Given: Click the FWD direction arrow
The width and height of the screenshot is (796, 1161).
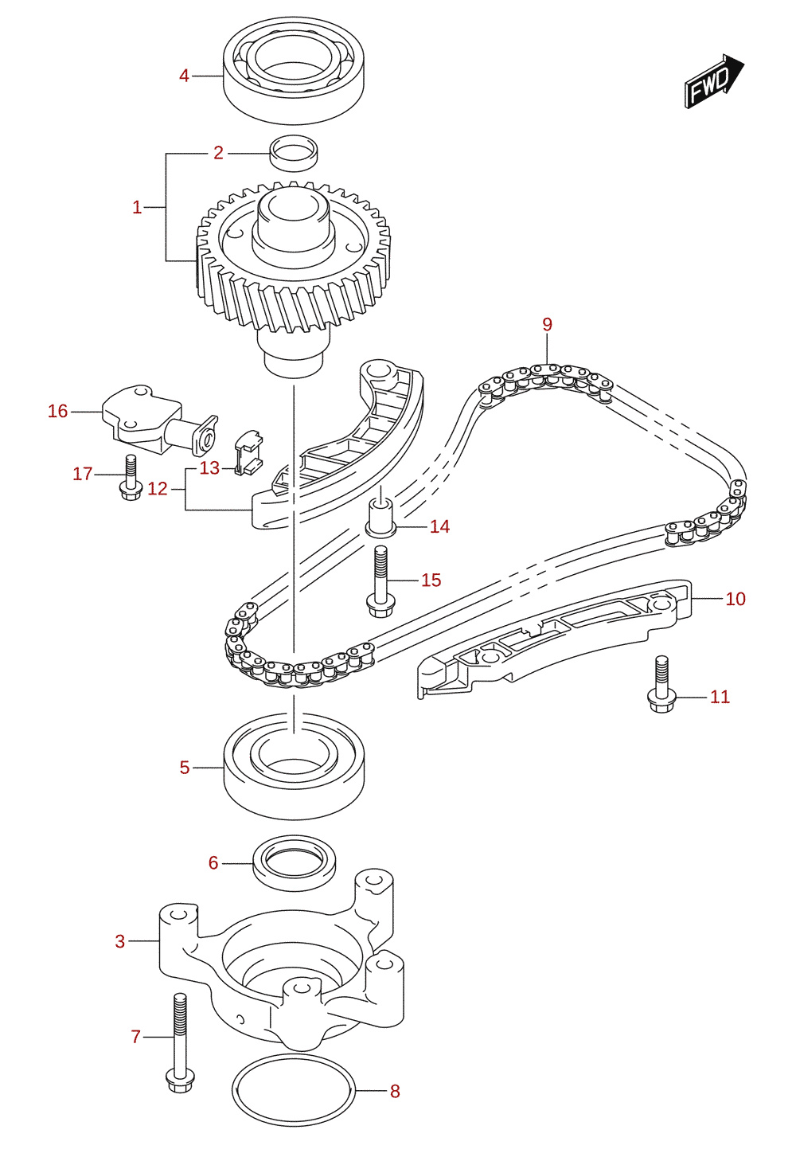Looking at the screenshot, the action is tap(714, 82).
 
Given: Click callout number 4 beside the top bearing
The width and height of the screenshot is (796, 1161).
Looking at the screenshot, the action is tap(184, 76).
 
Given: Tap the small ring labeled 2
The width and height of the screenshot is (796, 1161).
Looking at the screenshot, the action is tap(294, 153).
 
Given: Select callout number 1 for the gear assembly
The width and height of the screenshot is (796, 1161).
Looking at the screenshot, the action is tap(137, 207).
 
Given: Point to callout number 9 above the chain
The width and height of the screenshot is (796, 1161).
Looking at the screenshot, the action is tap(548, 324).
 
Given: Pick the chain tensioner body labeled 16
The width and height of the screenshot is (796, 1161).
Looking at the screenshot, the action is tap(160, 420).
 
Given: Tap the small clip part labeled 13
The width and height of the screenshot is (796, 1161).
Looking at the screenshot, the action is tap(248, 452).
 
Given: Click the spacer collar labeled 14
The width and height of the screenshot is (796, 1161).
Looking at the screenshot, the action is tap(381, 518).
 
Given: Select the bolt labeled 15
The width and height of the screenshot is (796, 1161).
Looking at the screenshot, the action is tap(381, 582).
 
